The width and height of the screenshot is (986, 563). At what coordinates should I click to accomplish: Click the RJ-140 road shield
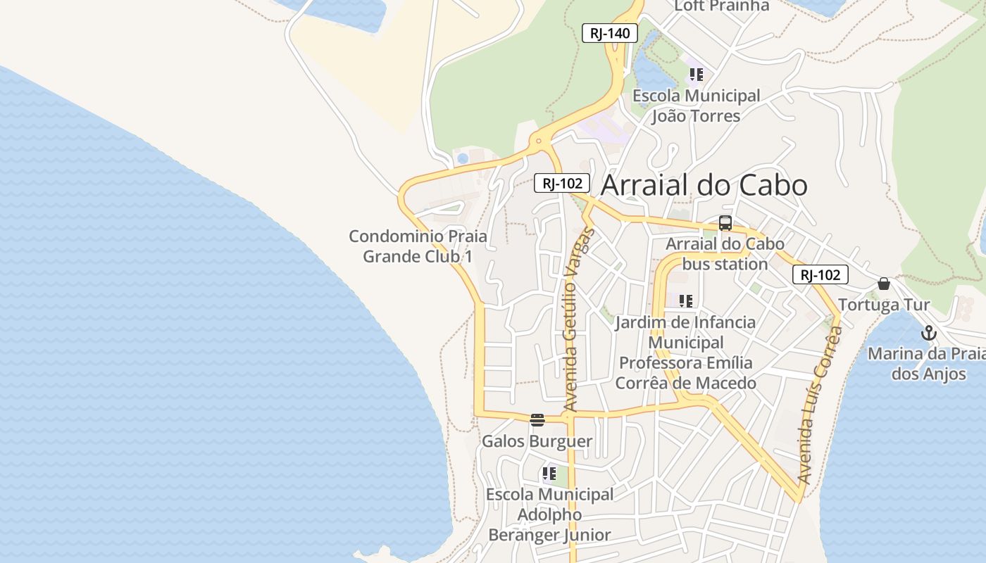point(609,33)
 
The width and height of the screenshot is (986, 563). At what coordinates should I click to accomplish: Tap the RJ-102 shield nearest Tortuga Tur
point(820,274)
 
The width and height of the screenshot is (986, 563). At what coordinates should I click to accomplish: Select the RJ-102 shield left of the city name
point(561,184)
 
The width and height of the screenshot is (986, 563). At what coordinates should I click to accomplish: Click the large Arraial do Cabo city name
point(704,185)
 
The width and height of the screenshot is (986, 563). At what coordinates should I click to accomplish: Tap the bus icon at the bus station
point(725,223)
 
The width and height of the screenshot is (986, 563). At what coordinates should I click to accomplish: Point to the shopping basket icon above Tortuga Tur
point(884,284)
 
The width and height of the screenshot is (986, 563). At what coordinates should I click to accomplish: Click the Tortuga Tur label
point(884,305)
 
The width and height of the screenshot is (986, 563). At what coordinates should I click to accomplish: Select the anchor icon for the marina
point(929,332)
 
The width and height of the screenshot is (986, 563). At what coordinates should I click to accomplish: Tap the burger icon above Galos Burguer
point(537,420)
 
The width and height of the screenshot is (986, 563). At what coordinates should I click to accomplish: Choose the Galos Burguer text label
point(537,441)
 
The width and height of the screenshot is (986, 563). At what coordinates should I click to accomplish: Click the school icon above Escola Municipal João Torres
point(697,74)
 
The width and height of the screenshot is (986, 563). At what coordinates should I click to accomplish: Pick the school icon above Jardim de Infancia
point(686,301)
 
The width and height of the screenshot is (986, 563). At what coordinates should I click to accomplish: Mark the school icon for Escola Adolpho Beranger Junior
point(549,473)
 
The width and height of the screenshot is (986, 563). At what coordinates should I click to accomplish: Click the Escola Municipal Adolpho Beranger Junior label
point(549,514)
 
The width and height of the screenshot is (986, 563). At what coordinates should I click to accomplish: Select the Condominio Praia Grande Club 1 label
point(418,246)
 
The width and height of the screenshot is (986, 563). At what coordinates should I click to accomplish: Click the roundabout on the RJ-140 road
point(539,141)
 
